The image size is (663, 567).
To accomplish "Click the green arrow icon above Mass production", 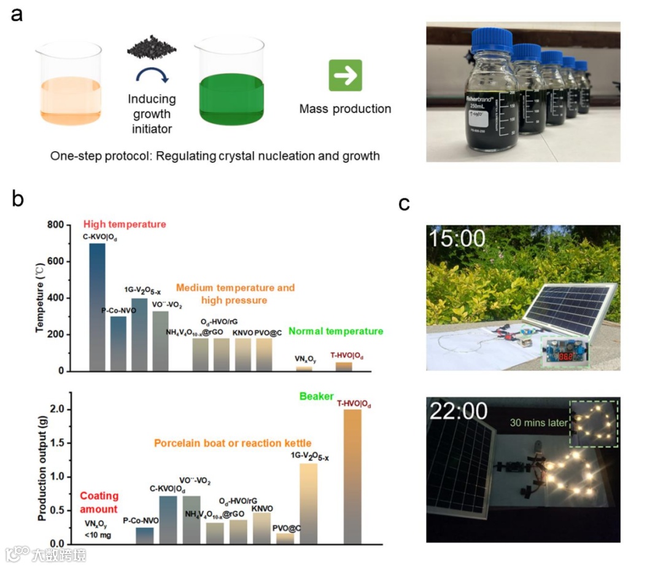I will pyautogui.click(x=345, y=76).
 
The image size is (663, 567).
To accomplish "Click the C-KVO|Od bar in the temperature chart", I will pyautogui.click(x=97, y=307).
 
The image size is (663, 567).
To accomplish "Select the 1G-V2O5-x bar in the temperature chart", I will pyautogui.click(x=139, y=334).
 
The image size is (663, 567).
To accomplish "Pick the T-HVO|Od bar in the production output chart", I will pyautogui.click(x=352, y=476).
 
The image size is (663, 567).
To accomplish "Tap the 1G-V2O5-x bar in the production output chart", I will pyautogui.click(x=308, y=504).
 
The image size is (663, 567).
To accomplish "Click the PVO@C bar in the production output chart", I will pyautogui.click(x=285, y=538).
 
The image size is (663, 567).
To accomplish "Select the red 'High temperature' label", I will pyautogui.click(x=125, y=224).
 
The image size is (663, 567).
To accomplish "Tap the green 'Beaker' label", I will pyautogui.click(x=316, y=397).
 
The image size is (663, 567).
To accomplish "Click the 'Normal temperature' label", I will pyautogui.click(x=335, y=331).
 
